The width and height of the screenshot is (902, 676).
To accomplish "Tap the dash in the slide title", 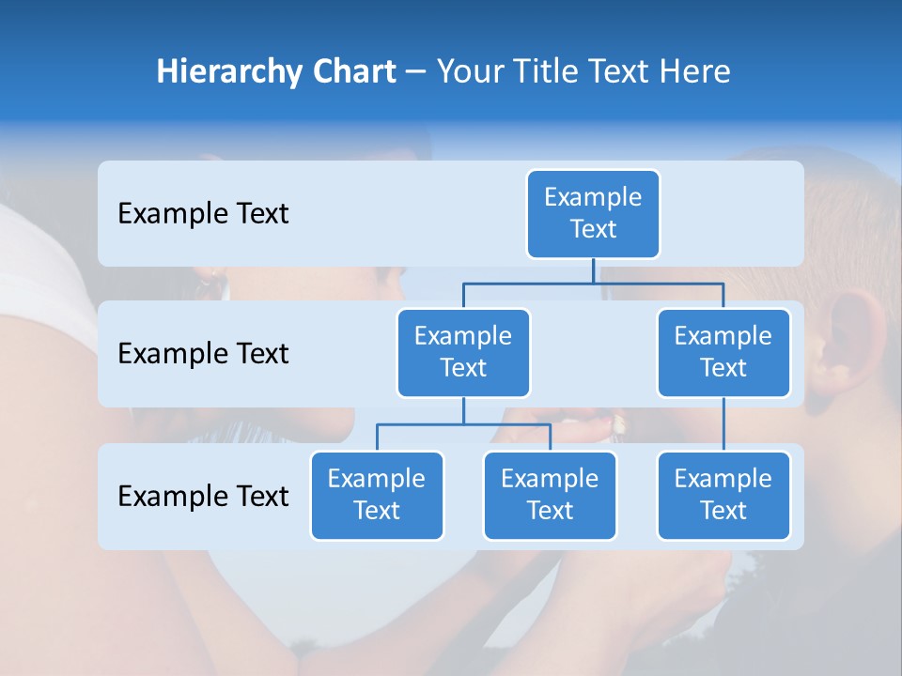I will (415, 72).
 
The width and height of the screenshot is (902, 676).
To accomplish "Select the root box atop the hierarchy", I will (593, 213).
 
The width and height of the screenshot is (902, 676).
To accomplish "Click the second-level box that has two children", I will (463, 352).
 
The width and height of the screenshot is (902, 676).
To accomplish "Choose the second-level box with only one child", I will (723, 352).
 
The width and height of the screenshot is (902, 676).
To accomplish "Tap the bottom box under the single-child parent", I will (723, 495).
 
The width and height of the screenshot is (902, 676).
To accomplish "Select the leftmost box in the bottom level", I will (377, 495).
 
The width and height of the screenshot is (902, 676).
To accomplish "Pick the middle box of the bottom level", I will (550, 495).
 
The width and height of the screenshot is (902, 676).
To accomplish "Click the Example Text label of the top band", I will (203, 213).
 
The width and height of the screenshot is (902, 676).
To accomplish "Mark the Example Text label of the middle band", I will (203, 353).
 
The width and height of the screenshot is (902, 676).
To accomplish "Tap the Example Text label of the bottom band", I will (203, 496).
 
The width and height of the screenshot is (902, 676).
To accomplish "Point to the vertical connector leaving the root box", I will (593, 270).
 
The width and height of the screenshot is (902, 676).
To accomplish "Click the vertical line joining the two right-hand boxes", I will (723, 423).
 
